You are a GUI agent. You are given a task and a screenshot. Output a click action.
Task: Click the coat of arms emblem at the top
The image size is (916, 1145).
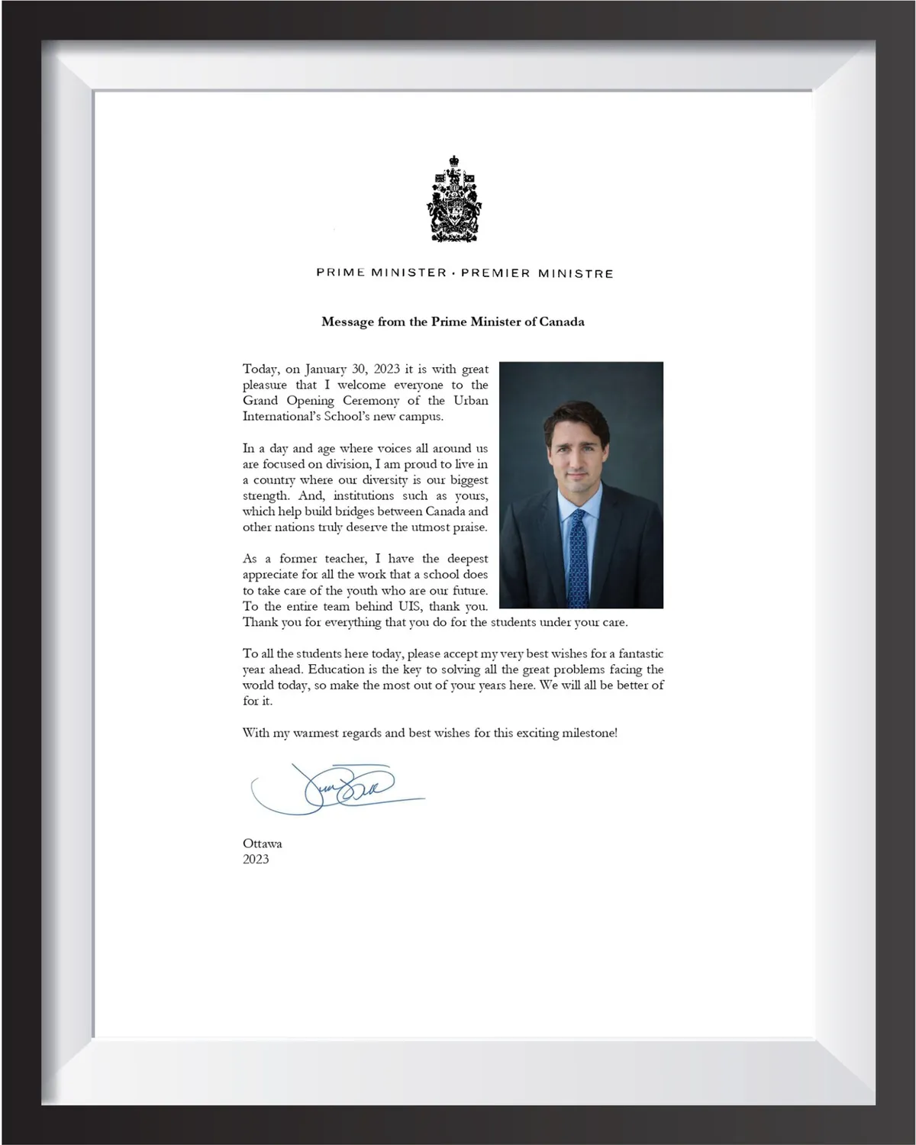click(453, 199)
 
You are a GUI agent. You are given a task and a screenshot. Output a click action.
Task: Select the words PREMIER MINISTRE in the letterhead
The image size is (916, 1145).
click(537, 273)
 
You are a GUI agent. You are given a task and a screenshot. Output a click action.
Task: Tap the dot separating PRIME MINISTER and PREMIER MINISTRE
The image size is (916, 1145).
click(453, 273)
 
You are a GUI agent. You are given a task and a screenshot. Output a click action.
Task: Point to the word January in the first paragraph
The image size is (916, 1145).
click(325, 369)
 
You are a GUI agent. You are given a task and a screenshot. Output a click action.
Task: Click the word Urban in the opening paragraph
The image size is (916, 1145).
click(471, 401)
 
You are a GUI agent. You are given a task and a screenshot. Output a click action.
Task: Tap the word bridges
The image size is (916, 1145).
click(354, 511)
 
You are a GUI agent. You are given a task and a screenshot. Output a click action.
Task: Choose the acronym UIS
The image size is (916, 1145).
click(407, 607)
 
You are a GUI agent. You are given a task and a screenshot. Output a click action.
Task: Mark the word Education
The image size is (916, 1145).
click(337, 669)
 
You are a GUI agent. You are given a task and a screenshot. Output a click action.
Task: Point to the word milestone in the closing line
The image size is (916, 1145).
click(588, 733)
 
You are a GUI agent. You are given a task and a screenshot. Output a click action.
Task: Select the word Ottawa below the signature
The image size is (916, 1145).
click(263, 843)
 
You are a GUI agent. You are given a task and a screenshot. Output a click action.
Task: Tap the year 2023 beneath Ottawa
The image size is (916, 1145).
click(256, 860)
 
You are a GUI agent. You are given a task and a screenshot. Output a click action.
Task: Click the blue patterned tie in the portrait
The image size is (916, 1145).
click(578, 557)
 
